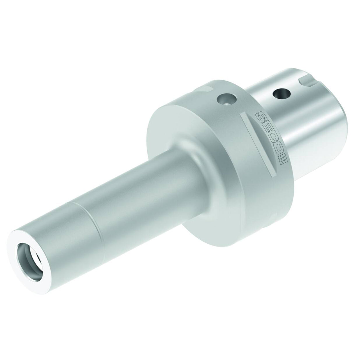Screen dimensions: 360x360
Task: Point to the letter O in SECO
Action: [274, 149]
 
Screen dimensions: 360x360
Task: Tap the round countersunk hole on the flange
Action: [227, 100]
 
